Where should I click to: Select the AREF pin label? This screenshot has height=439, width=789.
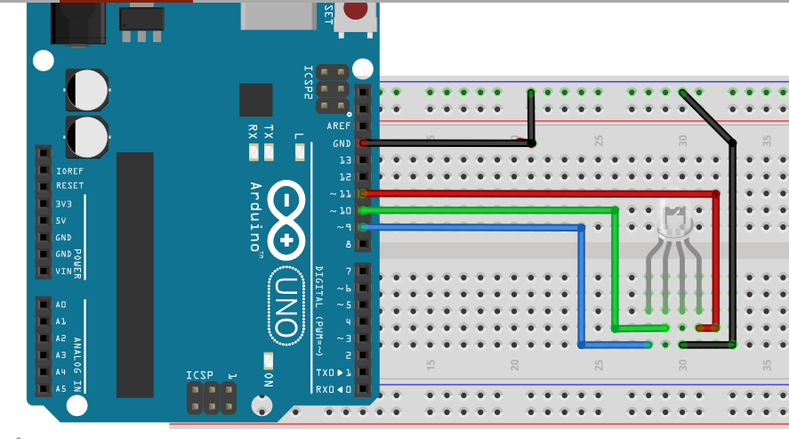tap(338, 126)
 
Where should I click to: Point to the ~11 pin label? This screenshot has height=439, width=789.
tap(340, 193)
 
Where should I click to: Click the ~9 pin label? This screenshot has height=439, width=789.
tap(342, 227)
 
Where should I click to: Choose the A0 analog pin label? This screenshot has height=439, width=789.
tap(61, 305)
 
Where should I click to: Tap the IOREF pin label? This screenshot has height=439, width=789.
tap(68, 170)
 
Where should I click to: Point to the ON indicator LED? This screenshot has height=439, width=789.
tap(268, 360)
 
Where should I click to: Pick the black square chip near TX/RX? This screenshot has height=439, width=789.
tap(256, 101)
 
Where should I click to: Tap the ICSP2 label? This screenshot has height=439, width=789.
tap(308, 82)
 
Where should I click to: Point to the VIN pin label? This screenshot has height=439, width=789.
tap(63, 271)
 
